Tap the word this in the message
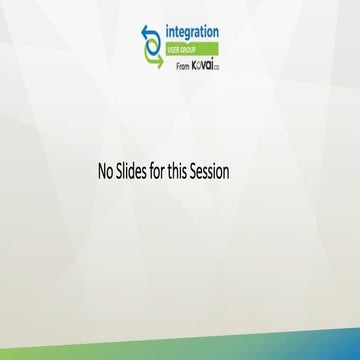[185, 171]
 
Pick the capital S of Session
[200, 171]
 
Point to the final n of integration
[217, 34]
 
